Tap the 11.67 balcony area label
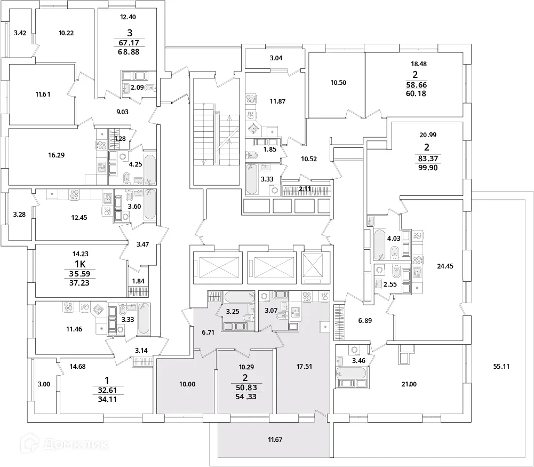[275, 440]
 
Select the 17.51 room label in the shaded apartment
[303, 367]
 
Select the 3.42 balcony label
[20, 33]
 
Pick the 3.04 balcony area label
[275, 58]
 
